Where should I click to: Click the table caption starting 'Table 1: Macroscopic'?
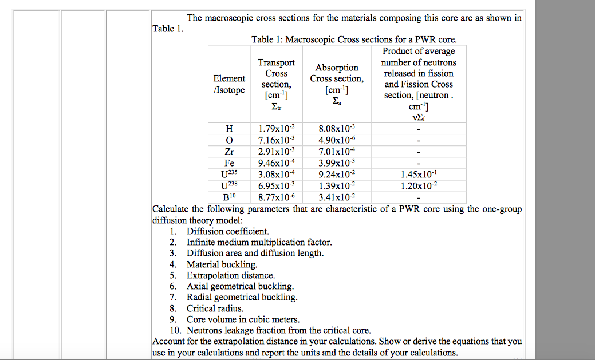pos(354,39)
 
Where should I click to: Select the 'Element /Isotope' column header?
pos(229,84)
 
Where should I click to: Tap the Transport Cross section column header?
pos(276,84)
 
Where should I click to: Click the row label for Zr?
pos(229,152)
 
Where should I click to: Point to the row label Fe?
pos(229,163)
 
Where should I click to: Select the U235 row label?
pos(229,174)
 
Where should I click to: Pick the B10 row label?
pos(229,197)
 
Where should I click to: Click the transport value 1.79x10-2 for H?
pos(276,129)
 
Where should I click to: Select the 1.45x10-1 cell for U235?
pos(419,174)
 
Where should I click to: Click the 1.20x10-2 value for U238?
pos(419,185)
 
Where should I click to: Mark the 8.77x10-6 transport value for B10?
pos(276,197)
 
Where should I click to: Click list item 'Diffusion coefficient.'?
pos(227,231)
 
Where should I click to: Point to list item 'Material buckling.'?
pos(222,264)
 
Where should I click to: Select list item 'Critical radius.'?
pos(215,308)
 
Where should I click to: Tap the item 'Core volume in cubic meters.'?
pos(243,319)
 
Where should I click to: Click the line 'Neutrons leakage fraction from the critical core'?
pos(278,330)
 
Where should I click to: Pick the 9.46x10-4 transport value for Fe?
pos(276,163)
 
